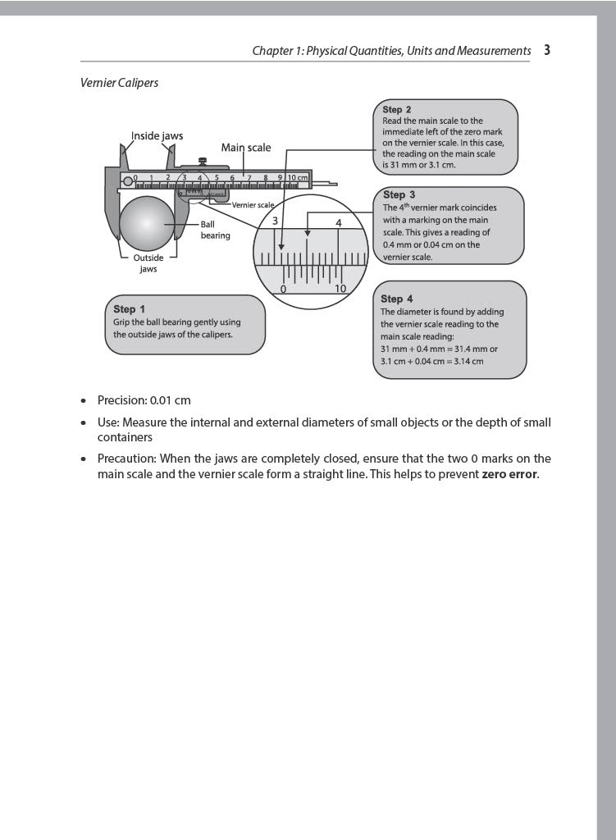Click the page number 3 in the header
547,50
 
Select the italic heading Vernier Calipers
119,83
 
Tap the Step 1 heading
129,309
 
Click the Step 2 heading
397,109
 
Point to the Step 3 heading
399,195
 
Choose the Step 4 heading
397,299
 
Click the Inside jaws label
157,135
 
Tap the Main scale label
245,148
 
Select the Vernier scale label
253,204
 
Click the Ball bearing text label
216,230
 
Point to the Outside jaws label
148,263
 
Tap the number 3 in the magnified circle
276,221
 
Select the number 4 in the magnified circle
339,222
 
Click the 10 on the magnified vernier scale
340,289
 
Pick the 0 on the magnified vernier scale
283,289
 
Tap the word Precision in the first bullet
121,400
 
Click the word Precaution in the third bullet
126,459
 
